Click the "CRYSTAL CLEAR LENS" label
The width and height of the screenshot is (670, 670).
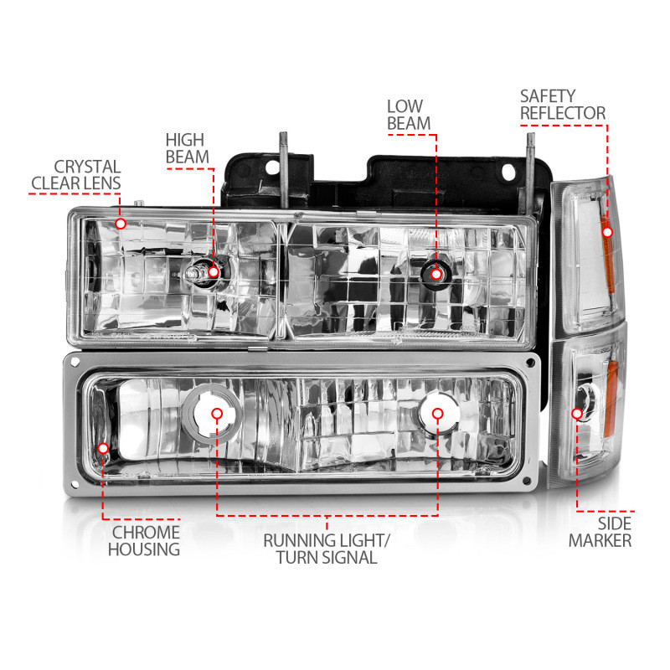pos(75,175)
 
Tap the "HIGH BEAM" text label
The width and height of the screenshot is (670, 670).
pos(184,148)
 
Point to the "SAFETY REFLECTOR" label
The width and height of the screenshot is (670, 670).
pos(562,104)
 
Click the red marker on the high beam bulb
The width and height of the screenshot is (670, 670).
pos(214,271)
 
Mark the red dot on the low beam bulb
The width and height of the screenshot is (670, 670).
pos(435,271)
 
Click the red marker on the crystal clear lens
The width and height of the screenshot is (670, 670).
pos(121,224)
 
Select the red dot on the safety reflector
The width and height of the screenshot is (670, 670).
pos(607,231)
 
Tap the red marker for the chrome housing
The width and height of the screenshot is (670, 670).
pos(102,449)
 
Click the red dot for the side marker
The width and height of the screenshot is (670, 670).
pos(577,413)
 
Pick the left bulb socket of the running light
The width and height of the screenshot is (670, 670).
pos(216,413)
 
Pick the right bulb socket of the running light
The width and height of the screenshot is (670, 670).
pos(436,413)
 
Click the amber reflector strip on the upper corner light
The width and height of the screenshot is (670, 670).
pos(610,251)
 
